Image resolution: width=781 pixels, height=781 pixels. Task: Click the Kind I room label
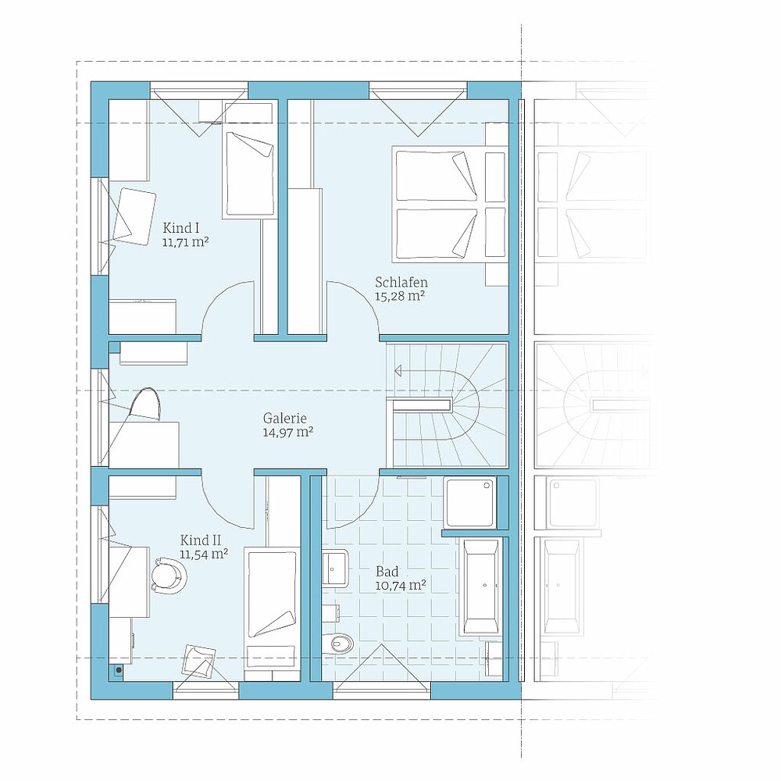[x=181, y=228]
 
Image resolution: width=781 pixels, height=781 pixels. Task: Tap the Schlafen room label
[x=401, y=283]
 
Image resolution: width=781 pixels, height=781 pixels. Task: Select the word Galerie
[x=285, y=419]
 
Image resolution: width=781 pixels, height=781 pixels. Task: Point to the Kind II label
[x=201, y=540]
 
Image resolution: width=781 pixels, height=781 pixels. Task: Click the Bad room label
[x=387, y=572]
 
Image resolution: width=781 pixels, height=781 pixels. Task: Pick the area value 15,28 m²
[x=399, y=297]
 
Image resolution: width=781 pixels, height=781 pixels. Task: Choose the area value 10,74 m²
[x=401, y=585]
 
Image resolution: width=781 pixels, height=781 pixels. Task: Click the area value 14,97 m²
[x=288, y=433]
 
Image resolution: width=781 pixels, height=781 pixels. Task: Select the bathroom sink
[x=335, y=567]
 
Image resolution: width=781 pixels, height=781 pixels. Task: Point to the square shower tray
[x=471, y=502]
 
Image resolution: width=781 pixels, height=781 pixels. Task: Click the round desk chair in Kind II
[x=169, y=576]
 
